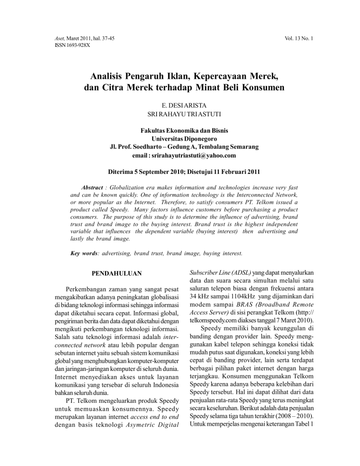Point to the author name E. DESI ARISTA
180,105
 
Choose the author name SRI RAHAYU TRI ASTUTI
180,114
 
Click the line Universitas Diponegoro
180,139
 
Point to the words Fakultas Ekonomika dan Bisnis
180,131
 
